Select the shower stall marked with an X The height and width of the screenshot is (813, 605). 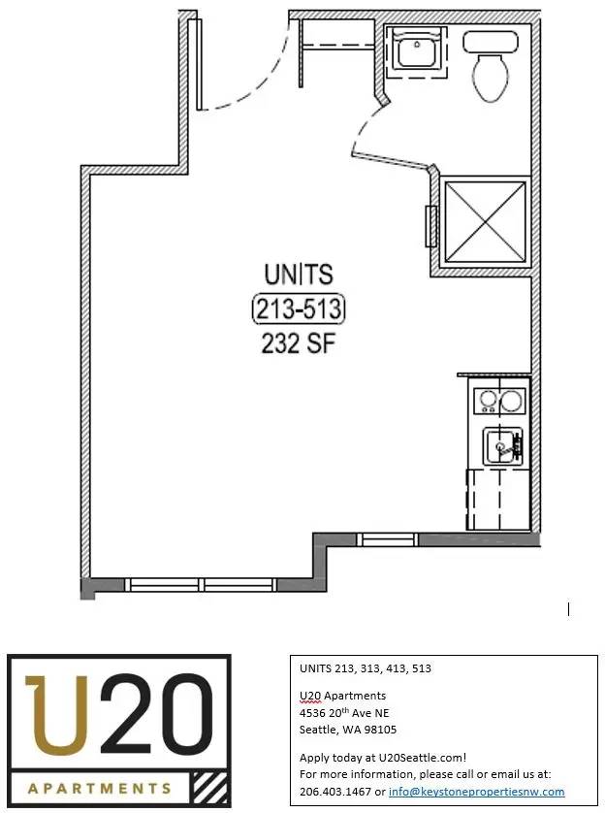point(486,221)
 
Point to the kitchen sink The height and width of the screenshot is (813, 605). point(502,446)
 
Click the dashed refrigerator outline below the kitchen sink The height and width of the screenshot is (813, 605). point(498,500)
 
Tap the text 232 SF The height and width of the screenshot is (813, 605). point(299,342)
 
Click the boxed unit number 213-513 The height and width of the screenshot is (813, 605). point(299,309)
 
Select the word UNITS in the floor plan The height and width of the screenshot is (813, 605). point(299,275)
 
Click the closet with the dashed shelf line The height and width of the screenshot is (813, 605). point(337,48)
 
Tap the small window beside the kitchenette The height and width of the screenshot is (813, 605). point(388,539)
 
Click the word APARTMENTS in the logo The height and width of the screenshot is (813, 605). point(100,789)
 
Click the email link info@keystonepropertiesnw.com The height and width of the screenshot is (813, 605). point(477,792)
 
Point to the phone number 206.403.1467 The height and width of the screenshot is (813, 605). point(335,792)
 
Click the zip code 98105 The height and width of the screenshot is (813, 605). point(380,730)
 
